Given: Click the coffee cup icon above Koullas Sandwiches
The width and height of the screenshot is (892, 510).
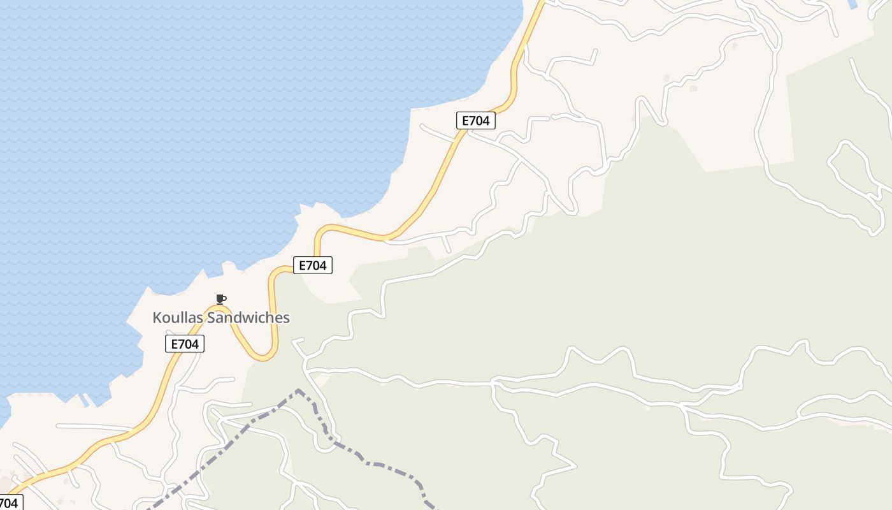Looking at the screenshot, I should (220, 299).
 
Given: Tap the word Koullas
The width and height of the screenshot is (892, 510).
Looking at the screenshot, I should (180, 317).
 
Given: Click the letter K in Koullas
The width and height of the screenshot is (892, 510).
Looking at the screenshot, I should (157, 317).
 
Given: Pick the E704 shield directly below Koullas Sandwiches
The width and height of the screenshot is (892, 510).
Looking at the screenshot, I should (185, 344).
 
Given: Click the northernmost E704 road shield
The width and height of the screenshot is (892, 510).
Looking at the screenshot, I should (475, 120).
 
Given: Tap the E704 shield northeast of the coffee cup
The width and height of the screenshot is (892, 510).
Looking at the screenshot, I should (312, 265).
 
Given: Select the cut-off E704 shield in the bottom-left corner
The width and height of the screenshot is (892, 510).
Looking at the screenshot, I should (10, 502).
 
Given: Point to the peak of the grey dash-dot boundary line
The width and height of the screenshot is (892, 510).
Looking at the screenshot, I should (298, 390).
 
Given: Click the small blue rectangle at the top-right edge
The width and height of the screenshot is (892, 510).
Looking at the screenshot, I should (854, 3).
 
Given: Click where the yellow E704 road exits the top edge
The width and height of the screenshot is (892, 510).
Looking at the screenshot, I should (541, 3).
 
